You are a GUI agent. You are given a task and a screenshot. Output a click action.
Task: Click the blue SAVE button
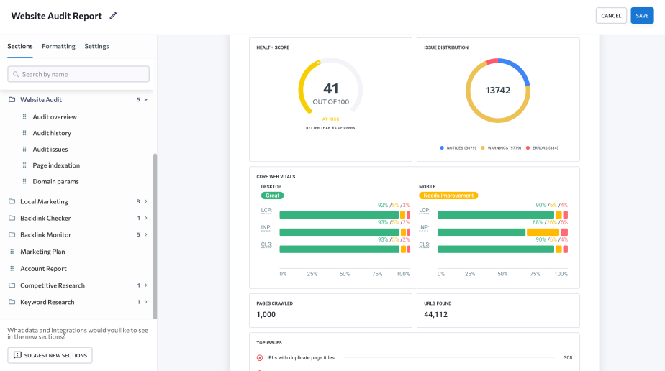click(642, 16)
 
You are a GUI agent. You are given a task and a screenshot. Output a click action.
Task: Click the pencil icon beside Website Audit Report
click(113, 16)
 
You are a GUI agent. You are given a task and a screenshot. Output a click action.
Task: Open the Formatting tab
click(58, 46)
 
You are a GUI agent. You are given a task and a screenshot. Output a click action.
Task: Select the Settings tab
click(96, 46)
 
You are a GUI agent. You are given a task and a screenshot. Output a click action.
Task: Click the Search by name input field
click(78, 74)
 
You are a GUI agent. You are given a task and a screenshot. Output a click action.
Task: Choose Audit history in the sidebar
click(52, 133)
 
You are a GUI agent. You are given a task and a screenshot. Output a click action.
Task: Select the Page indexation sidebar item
click(56, 165)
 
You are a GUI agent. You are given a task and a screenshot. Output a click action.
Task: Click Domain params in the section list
click(55, 182)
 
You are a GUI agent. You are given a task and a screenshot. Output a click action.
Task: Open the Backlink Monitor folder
click(45, 234)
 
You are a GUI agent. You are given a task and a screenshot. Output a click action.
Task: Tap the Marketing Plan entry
click(42, 252)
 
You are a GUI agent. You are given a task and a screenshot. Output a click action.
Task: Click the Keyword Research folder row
click(47, 302)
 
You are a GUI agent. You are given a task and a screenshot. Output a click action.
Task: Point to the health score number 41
click(330, 88)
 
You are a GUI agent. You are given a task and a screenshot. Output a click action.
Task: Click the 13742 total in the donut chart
click(498, 91)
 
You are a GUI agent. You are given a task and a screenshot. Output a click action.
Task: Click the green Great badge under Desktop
click(272, 195)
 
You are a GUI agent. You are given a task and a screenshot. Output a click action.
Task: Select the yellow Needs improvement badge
click(448, 195)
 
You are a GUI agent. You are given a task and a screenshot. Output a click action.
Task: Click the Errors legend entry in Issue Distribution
click(543, 148)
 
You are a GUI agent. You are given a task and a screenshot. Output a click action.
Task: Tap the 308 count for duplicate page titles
click(567, 357)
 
